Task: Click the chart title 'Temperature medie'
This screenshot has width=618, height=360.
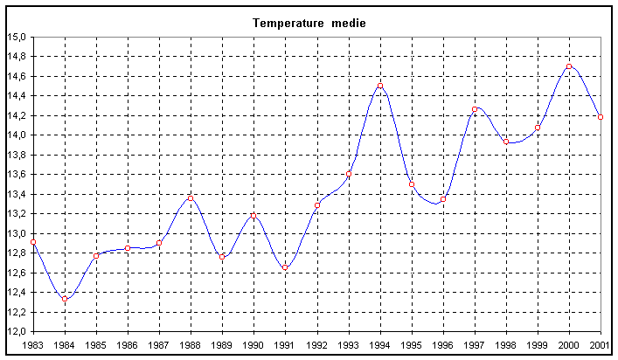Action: [x=309, y=23]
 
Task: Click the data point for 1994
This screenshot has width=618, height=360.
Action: [x=380, y=86]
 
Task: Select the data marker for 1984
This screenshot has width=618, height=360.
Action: [x=65, y=299]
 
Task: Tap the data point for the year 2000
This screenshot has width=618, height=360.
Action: [x=569, y=66]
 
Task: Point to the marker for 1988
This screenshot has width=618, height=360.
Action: [x=191, y=197]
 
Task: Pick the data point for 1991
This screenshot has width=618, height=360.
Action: [x=285, y=267]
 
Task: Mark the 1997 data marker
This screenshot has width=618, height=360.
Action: [x=475, y=109]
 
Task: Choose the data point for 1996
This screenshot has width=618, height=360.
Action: [x=443, y=199]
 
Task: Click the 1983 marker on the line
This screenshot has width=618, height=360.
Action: [x=33, y=242]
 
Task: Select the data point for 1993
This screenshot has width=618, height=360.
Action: [x=349, y=173]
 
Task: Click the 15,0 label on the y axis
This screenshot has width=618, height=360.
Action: [x=17, y=37]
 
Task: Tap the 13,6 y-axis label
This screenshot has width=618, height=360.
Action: [x=17, y=175]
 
